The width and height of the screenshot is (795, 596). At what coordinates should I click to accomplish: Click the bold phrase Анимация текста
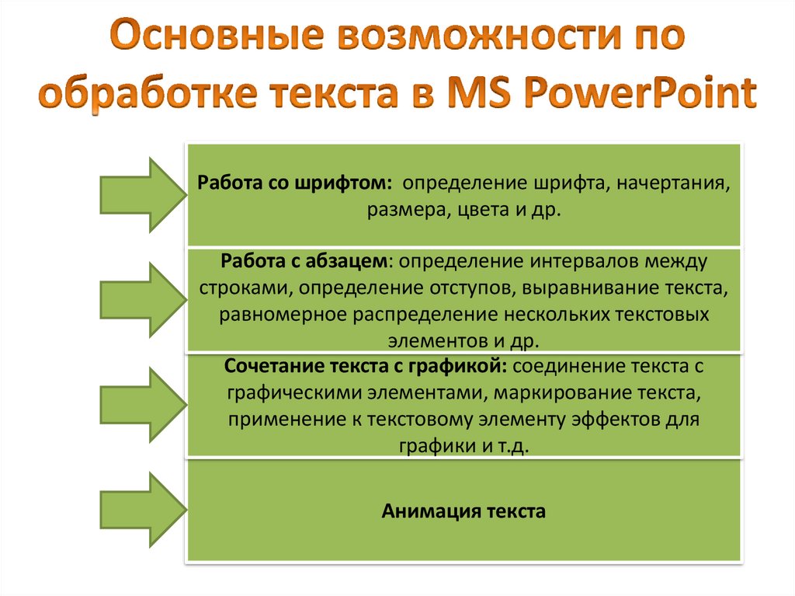point(463,511)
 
